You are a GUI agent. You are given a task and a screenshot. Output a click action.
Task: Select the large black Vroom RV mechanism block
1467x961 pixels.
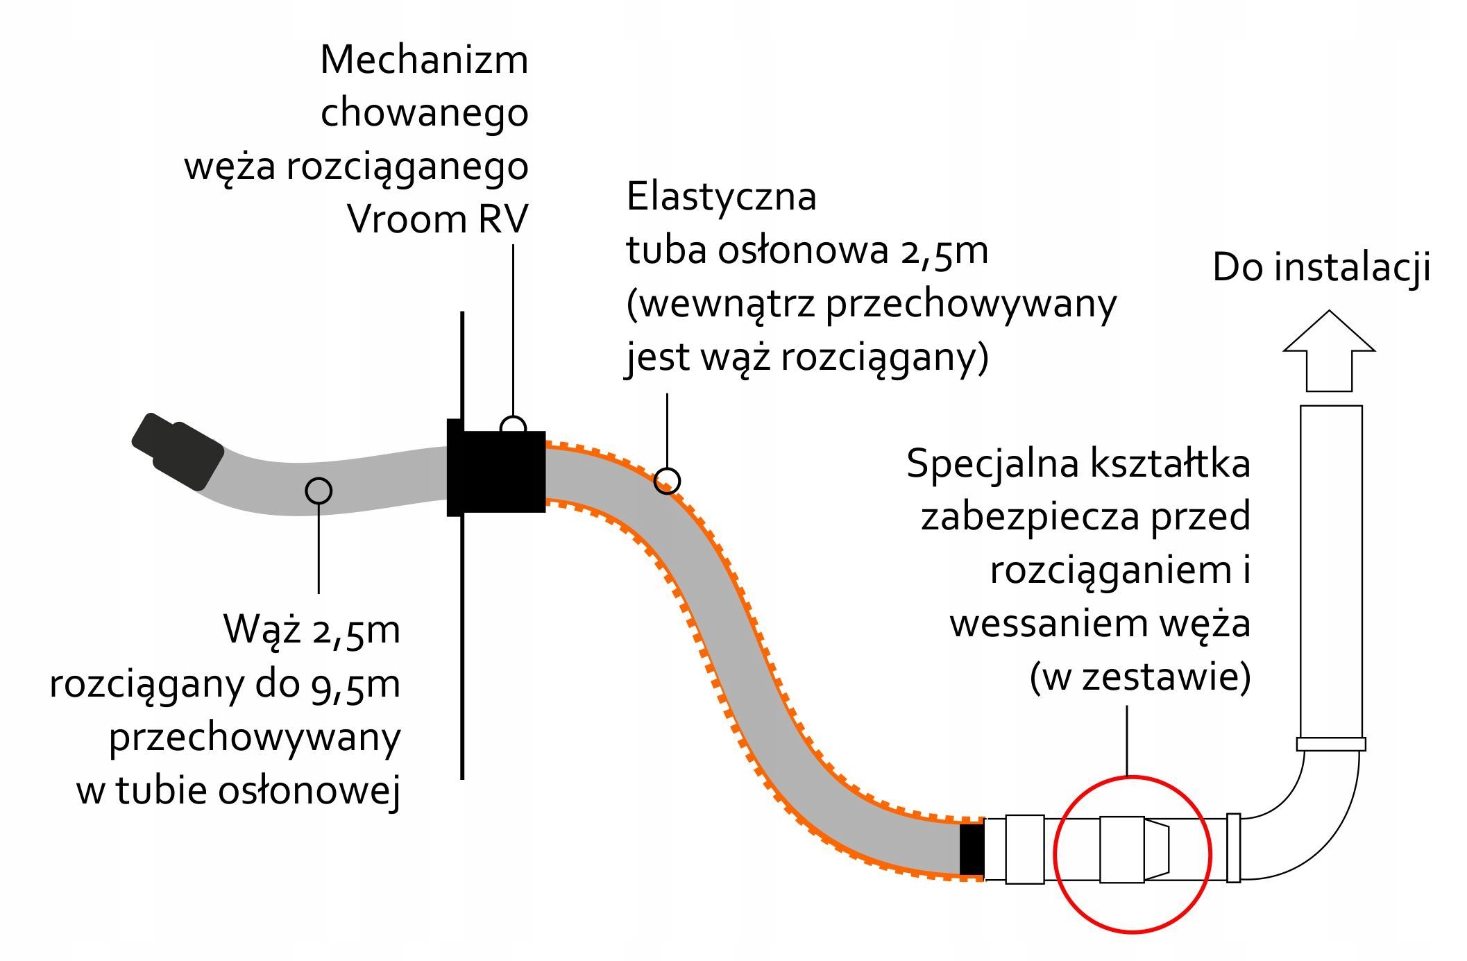497,471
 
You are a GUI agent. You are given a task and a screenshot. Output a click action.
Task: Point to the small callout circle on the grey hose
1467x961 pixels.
319,491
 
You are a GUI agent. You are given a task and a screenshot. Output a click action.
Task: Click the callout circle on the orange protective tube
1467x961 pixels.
667,481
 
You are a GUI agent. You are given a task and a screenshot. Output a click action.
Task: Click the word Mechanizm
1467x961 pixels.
424,60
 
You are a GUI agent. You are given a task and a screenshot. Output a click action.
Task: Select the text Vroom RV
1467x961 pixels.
437,219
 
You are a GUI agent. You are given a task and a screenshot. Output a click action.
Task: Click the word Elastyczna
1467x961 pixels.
721,197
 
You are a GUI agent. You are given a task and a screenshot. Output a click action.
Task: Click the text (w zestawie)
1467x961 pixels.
1139,677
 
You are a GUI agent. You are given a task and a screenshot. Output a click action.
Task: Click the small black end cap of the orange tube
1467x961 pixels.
972,849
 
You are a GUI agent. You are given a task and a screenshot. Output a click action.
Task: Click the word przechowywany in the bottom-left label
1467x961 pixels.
255,738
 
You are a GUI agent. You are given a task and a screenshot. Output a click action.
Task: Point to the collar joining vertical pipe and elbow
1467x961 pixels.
1330,744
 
